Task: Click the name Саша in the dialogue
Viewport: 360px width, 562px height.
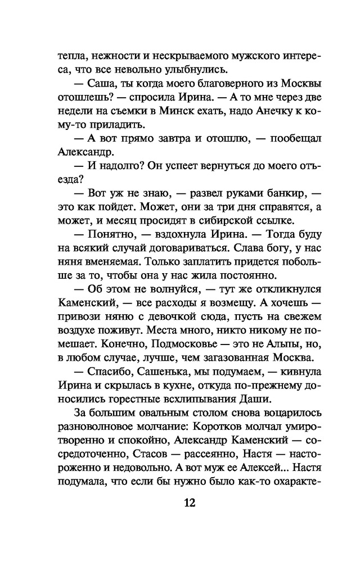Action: [x=102, y=83]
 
